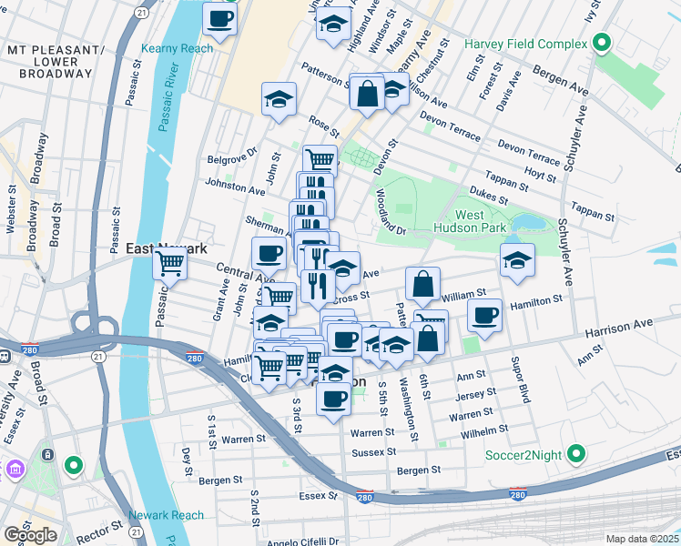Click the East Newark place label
coord(167,248)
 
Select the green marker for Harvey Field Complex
coord(601,43)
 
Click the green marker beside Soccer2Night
coord(575,452)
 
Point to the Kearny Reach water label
coord(177,48)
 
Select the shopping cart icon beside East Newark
coord(169,264)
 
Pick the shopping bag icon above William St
coord(422,284)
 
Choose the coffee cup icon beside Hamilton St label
coord(484,316)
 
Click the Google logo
coord(30,535)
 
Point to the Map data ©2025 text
coord(642,539)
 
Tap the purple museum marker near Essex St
coord(15,470)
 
